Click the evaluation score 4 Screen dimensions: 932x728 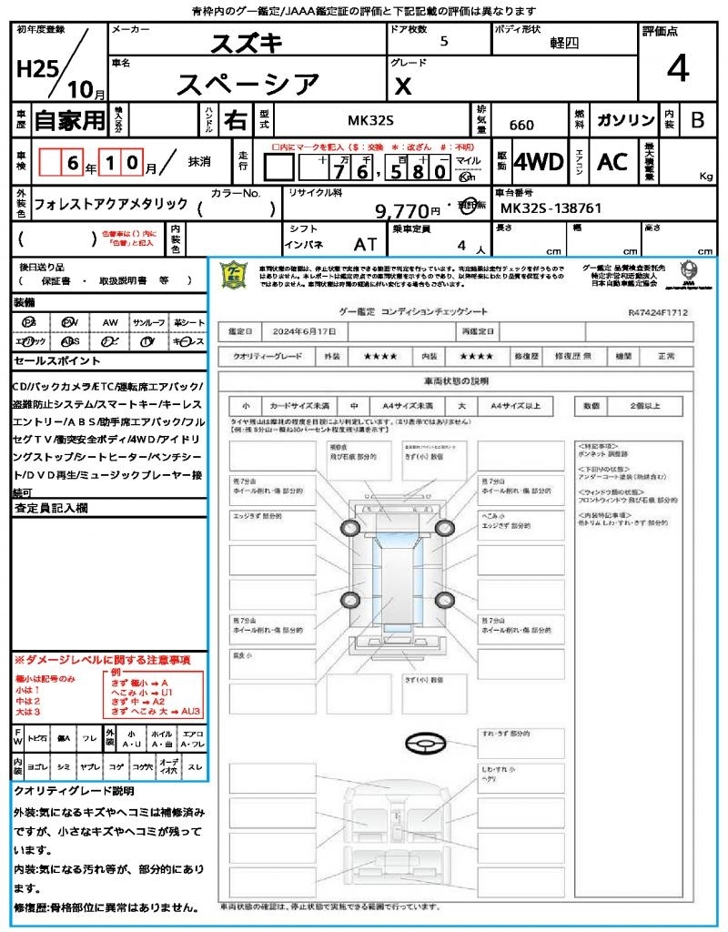pos(676,69)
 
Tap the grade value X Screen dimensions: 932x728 pos(403,85)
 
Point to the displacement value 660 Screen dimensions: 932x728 pos(521,126)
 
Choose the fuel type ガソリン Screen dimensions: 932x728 pos(624,120)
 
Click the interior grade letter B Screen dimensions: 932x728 pos(697,120)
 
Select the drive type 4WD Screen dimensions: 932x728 pos(539,162)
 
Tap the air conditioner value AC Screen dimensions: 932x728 pos(612,162)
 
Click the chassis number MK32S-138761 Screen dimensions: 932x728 pos(551,208)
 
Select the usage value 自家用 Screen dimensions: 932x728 pos(69,120)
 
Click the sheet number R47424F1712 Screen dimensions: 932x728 pos(657,312)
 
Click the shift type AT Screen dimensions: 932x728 pos(365,245)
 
